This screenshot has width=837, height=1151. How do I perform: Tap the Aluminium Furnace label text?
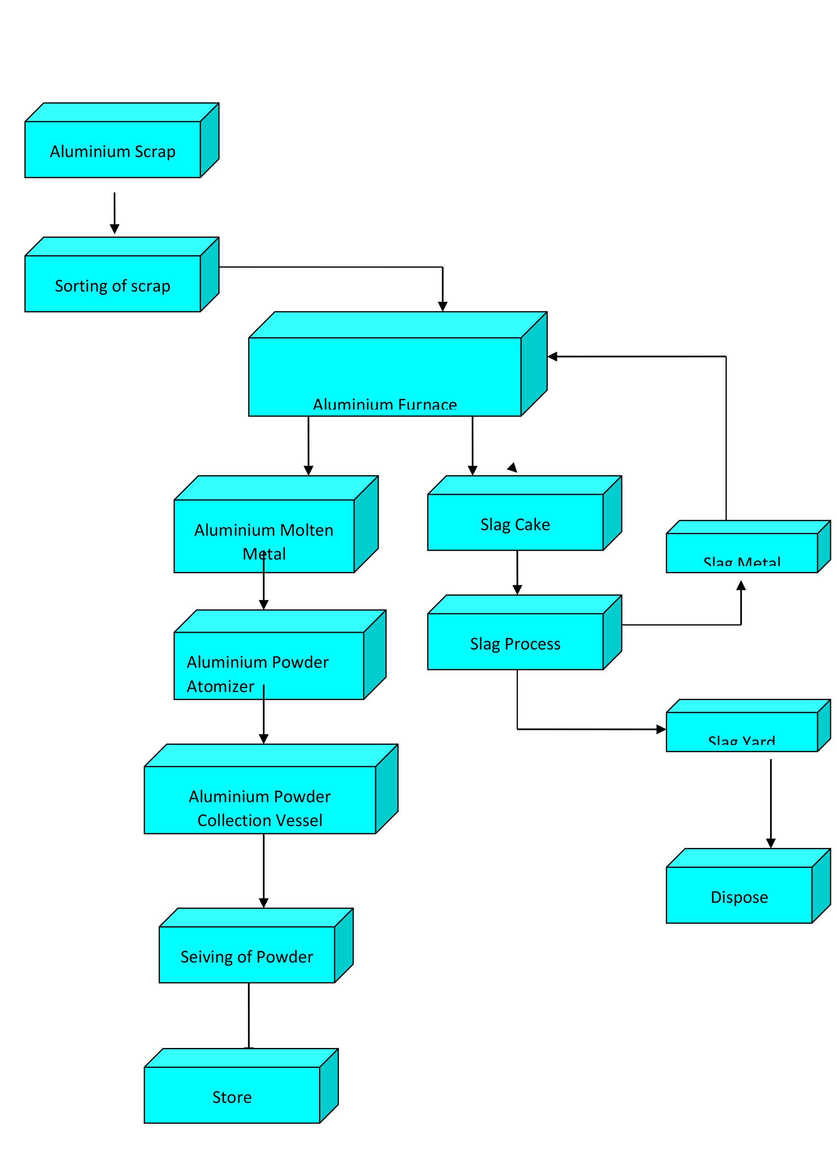coord(385,405)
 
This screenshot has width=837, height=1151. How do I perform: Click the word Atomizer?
coord(220,686)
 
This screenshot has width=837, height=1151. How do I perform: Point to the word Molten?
coord(307,530)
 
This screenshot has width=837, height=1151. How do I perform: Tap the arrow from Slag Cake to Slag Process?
coord(517,572)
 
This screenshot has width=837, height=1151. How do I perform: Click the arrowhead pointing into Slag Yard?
coord(660,729)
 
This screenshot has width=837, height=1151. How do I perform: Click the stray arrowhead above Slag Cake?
coord(513,467)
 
